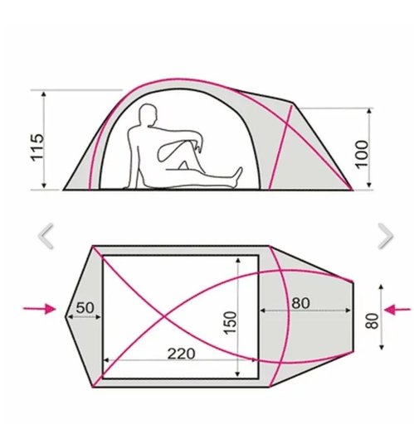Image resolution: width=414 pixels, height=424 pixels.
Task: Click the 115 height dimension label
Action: [37, 147]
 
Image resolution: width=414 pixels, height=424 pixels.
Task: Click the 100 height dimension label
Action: [362, 154]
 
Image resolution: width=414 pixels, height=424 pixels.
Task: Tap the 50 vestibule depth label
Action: [85, 308]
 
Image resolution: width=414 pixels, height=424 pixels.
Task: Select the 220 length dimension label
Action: [182, 354]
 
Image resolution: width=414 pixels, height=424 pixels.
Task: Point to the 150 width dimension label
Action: [231, 323]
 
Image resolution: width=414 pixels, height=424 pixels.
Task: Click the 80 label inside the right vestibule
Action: [300, 303]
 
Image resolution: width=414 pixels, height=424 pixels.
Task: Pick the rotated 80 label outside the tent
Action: [372, 321]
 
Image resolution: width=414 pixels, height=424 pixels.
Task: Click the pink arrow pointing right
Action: [39, 309]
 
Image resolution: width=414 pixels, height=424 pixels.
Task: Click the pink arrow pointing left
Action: [397, 310]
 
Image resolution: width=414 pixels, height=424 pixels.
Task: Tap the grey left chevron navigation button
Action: [46, 236]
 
